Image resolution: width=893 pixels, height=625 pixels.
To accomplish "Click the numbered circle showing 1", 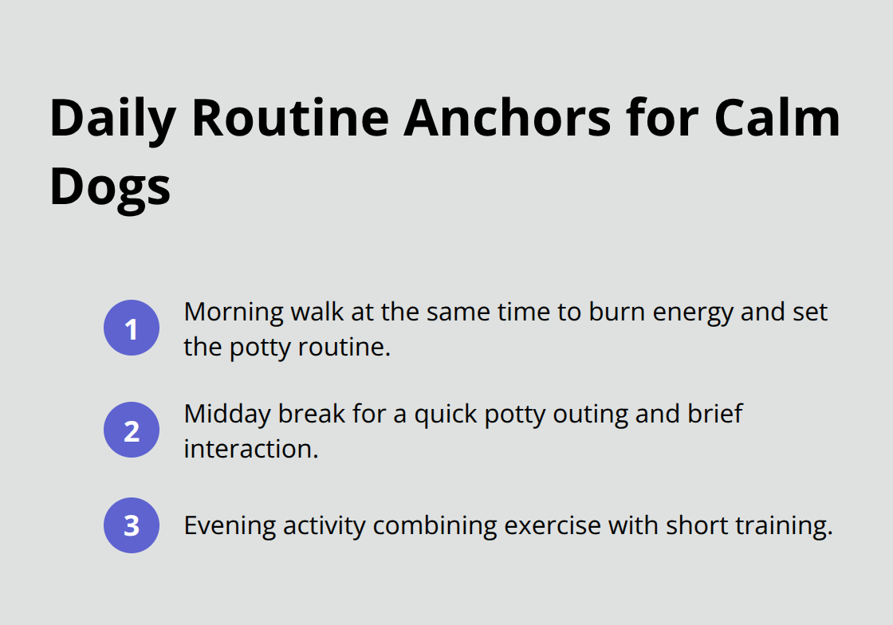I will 132,328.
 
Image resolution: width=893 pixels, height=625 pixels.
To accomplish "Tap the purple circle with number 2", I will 132,430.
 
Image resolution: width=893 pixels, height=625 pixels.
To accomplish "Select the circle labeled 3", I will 132,525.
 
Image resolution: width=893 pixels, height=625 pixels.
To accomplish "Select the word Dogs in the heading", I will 110,188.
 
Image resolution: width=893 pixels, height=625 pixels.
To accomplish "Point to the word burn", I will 616,312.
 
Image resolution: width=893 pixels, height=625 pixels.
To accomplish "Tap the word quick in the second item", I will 419,415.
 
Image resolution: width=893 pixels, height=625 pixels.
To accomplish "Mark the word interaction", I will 250,449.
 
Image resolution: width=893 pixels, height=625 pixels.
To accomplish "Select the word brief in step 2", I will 714,415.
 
